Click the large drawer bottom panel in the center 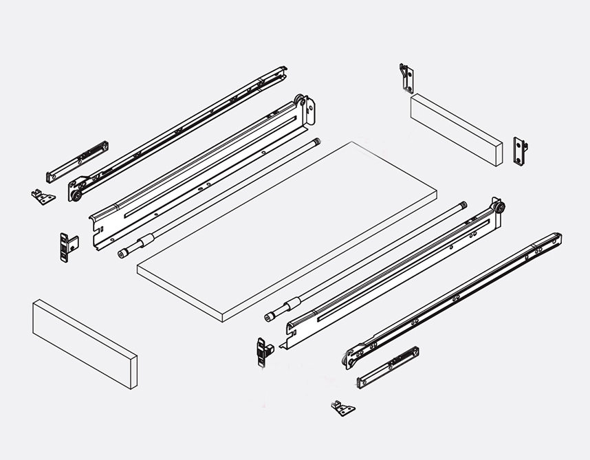285,230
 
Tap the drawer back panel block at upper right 455,129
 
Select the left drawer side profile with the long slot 199,175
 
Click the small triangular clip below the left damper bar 43,197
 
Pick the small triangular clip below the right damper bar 342,409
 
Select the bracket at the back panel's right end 519,151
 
